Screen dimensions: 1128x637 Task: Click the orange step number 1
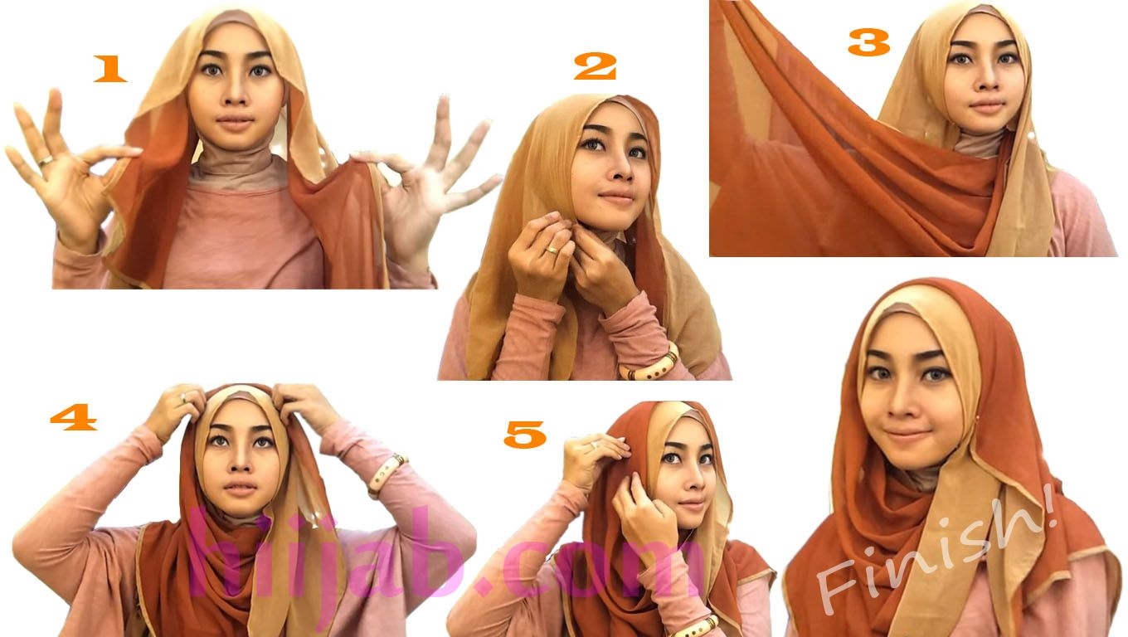click(x=109, y=69)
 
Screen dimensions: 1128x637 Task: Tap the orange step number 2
click(x=596, y=66)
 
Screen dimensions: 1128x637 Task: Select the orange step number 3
click(x=868, y=41)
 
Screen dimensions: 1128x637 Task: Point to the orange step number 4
click(x=74, y=417)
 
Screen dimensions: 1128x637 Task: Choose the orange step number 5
click(x=525, y=435)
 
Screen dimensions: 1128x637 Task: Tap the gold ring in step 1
click(x=46, y=161)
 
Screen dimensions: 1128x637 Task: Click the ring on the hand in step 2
click(x=552, y=250)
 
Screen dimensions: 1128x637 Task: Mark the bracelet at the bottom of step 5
click(x=698, y=627)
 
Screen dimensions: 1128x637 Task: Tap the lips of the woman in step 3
click(x=987, y=107)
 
